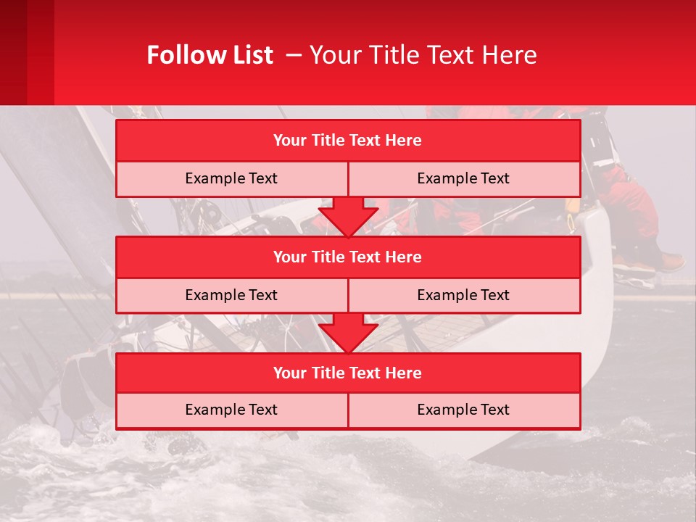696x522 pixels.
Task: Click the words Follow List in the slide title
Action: click(210, 55)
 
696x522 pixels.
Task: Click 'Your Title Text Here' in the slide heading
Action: click(423, 55)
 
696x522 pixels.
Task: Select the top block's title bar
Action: click(348, 141)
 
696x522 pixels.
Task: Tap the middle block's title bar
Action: click(348, 257)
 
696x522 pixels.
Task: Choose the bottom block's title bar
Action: click(348, 373)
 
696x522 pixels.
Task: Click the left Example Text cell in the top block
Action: click(231, 178)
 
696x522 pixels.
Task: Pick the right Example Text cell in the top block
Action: click(463, 178)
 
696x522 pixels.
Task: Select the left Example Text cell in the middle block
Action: click(231, 295)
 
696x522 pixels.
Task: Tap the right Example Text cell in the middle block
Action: click(463, 295)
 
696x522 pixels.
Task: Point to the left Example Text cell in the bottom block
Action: click(231, 410)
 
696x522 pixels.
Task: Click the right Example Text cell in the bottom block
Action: click(463, 410)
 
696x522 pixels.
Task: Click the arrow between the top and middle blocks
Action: click(348, 217)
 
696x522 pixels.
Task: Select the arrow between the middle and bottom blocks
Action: click(348, 333)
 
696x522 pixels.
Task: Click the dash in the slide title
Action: click(294, 55)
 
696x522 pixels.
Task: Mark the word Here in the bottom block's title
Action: click(404, 373)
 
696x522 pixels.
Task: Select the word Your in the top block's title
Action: click(289, 141)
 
